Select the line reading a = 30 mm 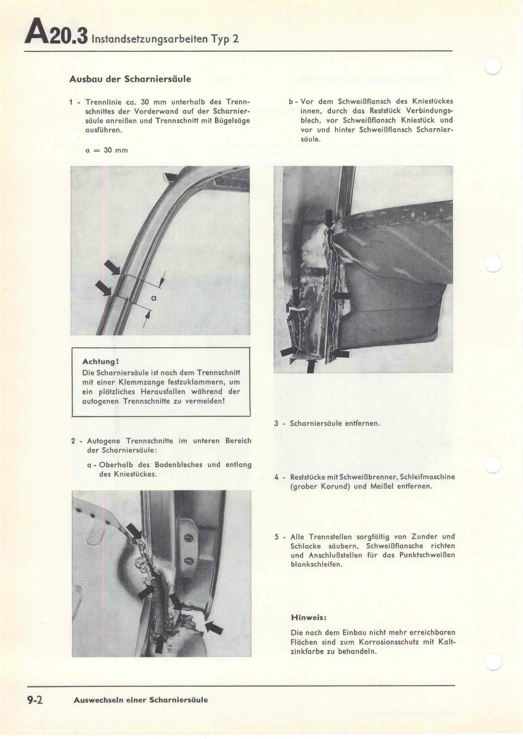tap(107, 150)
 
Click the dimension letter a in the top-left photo tap(154, 298)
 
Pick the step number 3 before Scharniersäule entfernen tap(276, 423)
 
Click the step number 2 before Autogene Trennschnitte tap(73, 441)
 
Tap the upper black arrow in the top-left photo tap(112, 268)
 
